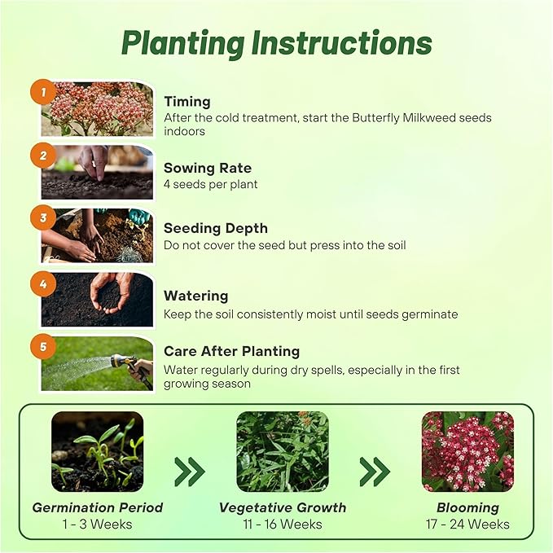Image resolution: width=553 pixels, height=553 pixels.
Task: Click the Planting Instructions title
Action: pyautogui.click(x=276, y=43)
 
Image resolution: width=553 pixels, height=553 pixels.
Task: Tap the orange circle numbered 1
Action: pyautogui.click(x=43, y=91)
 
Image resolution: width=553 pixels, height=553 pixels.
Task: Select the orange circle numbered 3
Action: pyautogui.click(x=43, y=218)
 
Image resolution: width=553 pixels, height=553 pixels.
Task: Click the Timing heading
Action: pyautogui.click(x=187, y=102)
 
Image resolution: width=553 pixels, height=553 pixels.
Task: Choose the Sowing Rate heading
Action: pyautogui.click(x=208, y=168)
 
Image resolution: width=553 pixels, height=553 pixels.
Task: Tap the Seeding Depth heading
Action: pyautogui.click(x=215, y=229)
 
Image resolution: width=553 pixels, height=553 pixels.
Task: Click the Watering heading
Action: pyautogui.click(x=195, y=296)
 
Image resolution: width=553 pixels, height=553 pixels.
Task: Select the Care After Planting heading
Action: pyautogui.click(x=231, y=351)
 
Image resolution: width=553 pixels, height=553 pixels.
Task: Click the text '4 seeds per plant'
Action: pyautogui.click(x=211, y=184)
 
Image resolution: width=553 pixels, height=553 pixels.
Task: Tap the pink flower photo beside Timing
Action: pyautogui.click(x=98, y=108)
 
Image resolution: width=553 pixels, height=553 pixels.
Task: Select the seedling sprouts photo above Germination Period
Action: pyautogui.click(x=98, y=451)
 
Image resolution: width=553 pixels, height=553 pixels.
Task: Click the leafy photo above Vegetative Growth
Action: pyautogui.click(x=282, y=451)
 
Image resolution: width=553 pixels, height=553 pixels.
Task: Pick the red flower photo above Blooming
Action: pyautogui.click(x=467, y=451)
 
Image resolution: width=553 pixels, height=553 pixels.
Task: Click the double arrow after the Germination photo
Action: pyautogui.click(x=190, y=471)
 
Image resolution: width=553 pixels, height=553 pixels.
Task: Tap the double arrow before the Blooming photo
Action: pyautogui.click(x=375, y=471)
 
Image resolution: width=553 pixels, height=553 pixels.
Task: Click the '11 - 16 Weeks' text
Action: pyautogui.click(x=282, y=524)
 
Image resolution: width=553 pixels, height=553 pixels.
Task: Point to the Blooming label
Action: pyautogui.click(x=467, y=507)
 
